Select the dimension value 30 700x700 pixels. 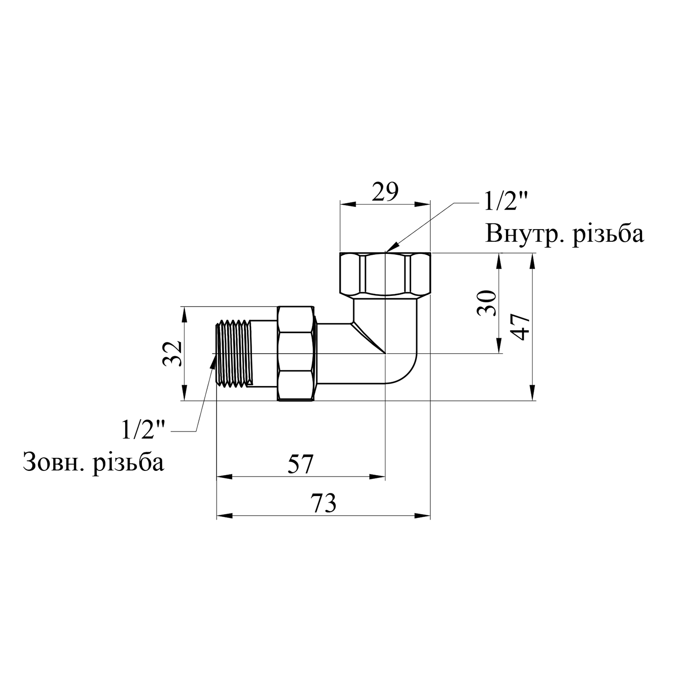(487, 303)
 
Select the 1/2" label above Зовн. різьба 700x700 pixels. (144, 429)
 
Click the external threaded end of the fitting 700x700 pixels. (233, 353)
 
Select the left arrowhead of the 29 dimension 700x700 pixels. (348, 204)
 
